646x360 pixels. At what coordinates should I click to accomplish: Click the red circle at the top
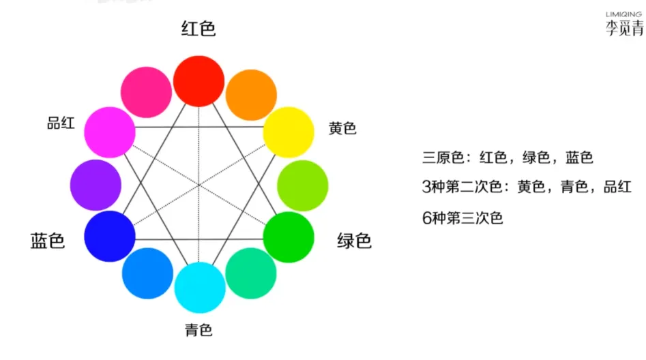click(199, 81)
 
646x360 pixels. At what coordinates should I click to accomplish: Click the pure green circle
click(289, 237)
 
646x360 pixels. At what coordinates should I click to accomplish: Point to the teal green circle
click(251, 273)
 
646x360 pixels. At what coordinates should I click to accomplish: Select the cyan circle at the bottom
click(200, 287)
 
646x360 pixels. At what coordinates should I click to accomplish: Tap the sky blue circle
click(147, 273)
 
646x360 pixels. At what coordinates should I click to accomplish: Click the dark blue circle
click(110, 237)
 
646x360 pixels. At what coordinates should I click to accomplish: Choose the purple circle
click(96, 185)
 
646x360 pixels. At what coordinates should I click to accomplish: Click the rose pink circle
click(146, 93)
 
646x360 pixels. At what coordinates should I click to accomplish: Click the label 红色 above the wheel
click(199, 29)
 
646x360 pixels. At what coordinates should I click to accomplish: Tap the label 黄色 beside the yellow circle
click(342, 128)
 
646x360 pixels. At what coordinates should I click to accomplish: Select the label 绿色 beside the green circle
click(355, 241)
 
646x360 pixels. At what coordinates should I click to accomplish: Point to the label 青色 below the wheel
click(199, 331)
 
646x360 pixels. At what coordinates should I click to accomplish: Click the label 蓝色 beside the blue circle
click(48, 241)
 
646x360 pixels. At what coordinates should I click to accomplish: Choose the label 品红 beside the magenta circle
click(61, 123)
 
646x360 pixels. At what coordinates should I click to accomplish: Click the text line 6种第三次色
click(463, 218)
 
